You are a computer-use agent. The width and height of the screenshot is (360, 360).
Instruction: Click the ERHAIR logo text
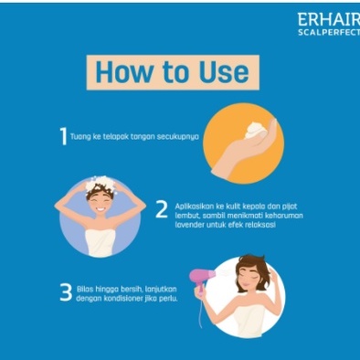(x=329, y=19)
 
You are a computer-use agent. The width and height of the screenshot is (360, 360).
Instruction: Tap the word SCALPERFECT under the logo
(x=329, y=33)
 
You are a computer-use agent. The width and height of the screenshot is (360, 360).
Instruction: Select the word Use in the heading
(x=224, y=72)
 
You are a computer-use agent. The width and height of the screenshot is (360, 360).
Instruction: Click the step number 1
(x=63, y=136)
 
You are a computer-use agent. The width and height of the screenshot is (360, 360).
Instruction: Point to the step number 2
(x=162, y=209)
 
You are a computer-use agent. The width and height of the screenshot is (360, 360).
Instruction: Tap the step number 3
(x=66, y=292)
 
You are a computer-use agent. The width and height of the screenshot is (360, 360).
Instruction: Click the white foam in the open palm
(x=255, y=130)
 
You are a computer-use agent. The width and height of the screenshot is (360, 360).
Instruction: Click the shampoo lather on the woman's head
(x=101, y=184)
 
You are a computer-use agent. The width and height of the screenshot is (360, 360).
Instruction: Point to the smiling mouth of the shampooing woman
(x=101, y=209)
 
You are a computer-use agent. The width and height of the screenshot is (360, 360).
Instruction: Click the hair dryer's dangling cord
(x=200, y=312)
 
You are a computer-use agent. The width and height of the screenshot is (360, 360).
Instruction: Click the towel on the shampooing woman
(x=101, y=243)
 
